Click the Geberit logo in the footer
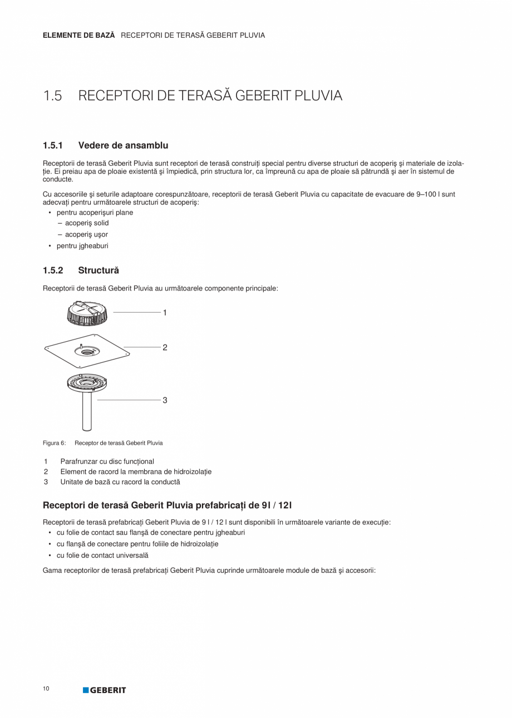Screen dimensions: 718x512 coord(105,690)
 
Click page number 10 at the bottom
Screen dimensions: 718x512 coord(46,689)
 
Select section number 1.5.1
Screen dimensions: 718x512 coord(52,145)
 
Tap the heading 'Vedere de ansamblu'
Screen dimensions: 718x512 coord(123,145)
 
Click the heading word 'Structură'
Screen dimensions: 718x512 coord(99,271)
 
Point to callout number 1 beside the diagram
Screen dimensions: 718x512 coord(165,313)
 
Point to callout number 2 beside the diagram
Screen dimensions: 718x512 coord(165,347)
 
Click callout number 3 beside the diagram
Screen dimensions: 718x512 coord(165,400)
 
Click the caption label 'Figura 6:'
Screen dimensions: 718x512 coord(54,443)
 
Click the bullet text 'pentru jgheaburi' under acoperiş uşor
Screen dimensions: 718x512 coord(82,245)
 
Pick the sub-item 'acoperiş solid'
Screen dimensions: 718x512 coord(87,223)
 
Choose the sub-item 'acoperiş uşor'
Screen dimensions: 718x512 coord(86,234)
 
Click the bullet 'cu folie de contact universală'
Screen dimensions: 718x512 coord(102,555)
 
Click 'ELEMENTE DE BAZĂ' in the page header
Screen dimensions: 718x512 coord(78,35)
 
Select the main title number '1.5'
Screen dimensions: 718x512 coord(52,96)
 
